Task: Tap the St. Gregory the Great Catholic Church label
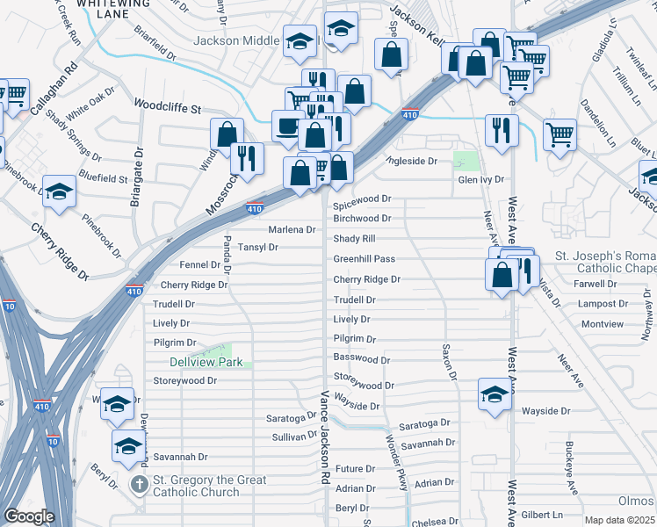tap(209, 486)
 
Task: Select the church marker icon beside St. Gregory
tap(139, 485)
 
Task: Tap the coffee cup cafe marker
tap(287, 126)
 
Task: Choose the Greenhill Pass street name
tap(364, 259)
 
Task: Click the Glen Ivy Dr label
tap(480, 179)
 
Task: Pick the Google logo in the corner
tap(29, 516)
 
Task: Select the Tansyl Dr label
tap(258, 248)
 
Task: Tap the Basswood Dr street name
tap(361, 359)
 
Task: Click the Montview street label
tap(602, 324)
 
